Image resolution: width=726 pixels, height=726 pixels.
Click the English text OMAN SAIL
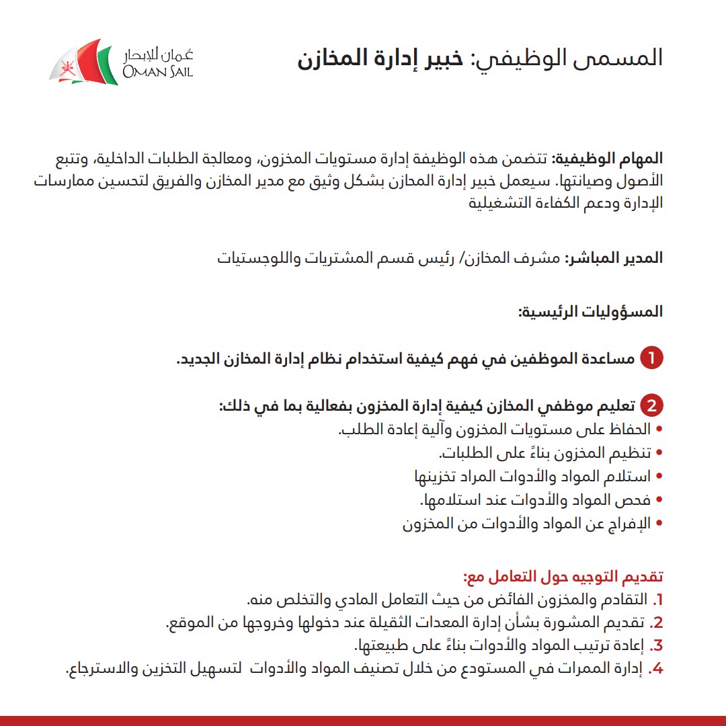pos(157,71)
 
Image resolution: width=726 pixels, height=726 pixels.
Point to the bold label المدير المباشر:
pos(614,258)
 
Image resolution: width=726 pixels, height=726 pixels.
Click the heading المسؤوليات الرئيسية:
pos(590,312)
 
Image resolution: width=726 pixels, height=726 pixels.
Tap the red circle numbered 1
pos(651,359)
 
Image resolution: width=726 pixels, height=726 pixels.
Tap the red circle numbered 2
pos(651,407)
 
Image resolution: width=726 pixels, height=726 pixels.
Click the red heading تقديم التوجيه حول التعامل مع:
pos(563,577)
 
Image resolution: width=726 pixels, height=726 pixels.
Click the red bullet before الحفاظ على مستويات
pos(659,429)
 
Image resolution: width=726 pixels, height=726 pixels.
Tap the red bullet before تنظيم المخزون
pos(659,452)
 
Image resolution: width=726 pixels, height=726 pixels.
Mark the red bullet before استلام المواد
pos(659,477)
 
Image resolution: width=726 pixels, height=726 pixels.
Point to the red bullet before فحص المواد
pos(659,500)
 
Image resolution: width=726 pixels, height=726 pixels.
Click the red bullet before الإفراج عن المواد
pos(659,524)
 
